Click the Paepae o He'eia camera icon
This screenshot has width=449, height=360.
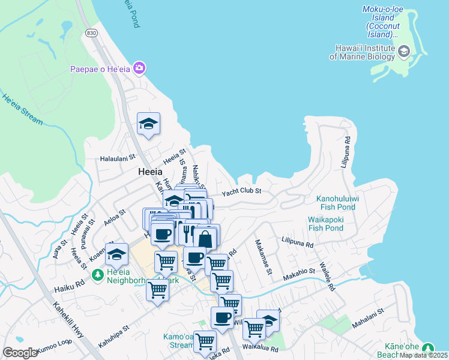coord(139,68)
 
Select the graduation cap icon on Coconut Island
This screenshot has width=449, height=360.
coord(404,52)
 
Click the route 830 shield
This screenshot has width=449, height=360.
coord(91,33)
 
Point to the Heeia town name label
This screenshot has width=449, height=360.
coord(149,172)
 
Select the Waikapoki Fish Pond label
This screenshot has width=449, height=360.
coord(325,224)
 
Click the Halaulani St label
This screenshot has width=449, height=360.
coord(118,159)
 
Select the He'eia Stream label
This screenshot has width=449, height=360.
coord(22,109)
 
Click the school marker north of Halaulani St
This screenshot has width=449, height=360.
coord(148,124)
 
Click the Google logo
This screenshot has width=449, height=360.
coord(20,352)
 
